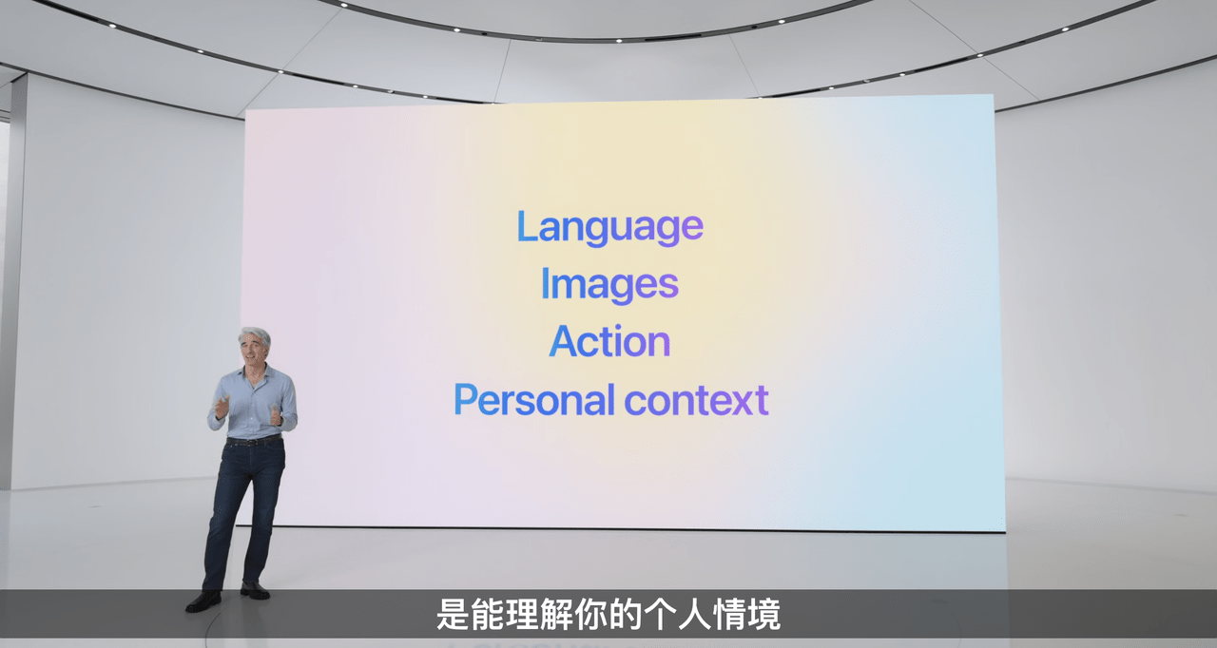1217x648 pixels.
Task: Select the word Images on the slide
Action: tap(609, 284)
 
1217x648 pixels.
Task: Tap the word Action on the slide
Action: tap(609, 342)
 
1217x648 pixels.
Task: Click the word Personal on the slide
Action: tap(534, 400)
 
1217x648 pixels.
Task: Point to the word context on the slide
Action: tap(697, 400)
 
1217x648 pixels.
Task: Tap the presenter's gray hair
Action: tap(255, 334)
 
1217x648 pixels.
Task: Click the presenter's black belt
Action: tap(253, 441)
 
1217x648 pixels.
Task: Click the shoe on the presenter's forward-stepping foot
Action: tap(203, 600)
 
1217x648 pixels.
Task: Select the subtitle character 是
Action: tap(453, 615)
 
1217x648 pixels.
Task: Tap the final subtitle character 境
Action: tap(763, 615)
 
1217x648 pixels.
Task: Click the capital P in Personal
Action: tap(465, 399)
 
